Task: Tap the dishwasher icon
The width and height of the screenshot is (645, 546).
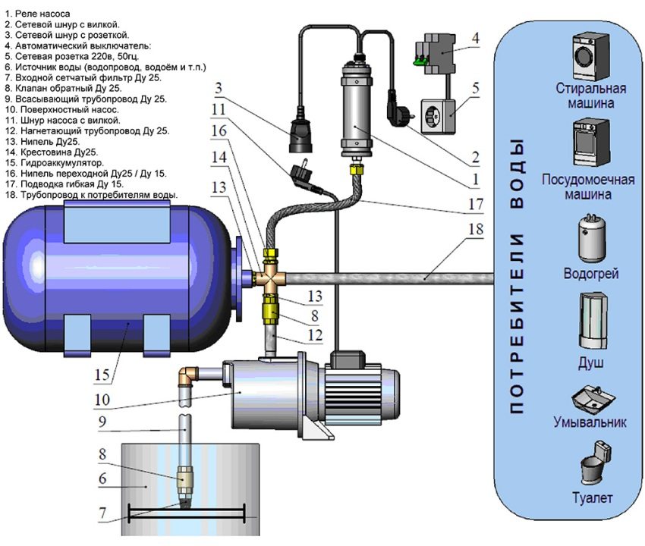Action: point(588,147)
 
